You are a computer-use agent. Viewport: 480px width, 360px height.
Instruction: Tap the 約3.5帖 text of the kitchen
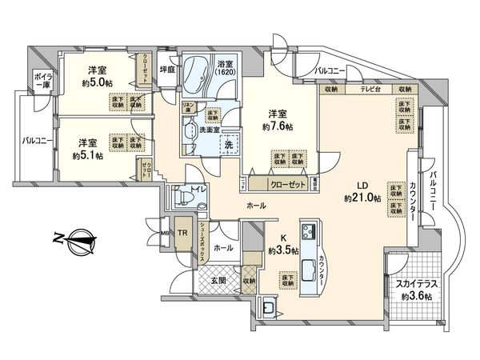(x=283, y=249)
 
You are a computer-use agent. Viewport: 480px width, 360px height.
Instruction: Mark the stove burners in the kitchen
(x=306, y=234)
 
